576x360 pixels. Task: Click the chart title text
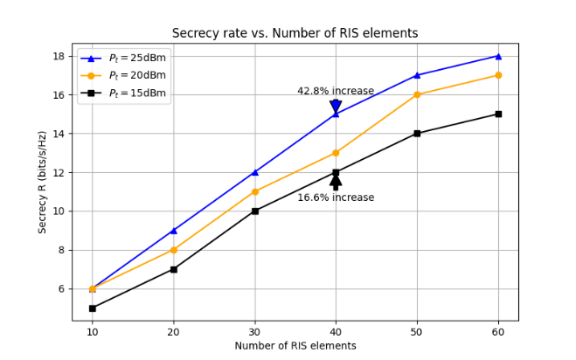[x=295, y=33]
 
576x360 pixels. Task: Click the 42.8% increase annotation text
[x=336, y=91]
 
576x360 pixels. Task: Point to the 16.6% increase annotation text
[x=336, y=197]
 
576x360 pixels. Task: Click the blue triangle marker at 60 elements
[x=498, y=56]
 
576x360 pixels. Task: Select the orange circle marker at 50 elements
[x=417, y=94]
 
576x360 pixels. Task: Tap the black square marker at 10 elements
[x=92, y=308]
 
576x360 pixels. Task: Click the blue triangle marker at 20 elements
[x=173, y=231]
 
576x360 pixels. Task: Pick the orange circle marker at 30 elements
[x=254, y=191]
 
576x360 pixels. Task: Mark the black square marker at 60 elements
[x=498, y=114]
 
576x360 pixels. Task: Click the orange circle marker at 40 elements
[x=336, y=153]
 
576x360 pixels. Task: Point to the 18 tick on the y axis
[x=59, y=56]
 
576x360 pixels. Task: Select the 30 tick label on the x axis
[x=254, y=333]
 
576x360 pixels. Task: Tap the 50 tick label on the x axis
[x=417, y=333]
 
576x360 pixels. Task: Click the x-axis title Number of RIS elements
[x=295, y=346]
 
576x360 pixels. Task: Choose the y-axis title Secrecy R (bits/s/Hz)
[x=42, y=182]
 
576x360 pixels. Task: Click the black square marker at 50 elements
[x=417, y=134]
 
